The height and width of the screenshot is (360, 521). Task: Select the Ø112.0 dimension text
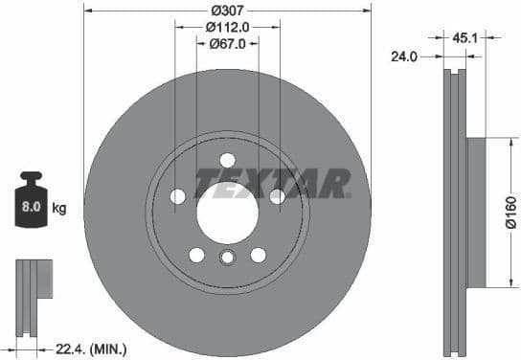(228, 27)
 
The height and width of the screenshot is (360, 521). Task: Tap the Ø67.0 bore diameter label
(227, 43)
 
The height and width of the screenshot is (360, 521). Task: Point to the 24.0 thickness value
(405, 56)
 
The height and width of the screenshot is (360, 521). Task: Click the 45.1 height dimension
(464, 39)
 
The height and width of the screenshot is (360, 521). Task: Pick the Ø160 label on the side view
(510, 213)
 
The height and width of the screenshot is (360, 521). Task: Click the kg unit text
(58, 207)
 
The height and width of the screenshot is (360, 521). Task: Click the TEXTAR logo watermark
(272, 182)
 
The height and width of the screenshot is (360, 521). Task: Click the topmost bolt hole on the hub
(227, 160)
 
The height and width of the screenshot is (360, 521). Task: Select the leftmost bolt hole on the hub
(177, 196)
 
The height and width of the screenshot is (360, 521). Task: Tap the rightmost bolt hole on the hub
(277, 196)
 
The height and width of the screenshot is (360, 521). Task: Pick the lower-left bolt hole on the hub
(196, 255)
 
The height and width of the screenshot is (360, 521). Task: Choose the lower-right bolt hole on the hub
(258, 255)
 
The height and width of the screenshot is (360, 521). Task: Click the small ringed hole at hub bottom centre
(227, 257)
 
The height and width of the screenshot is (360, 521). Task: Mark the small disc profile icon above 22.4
(31, 292)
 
